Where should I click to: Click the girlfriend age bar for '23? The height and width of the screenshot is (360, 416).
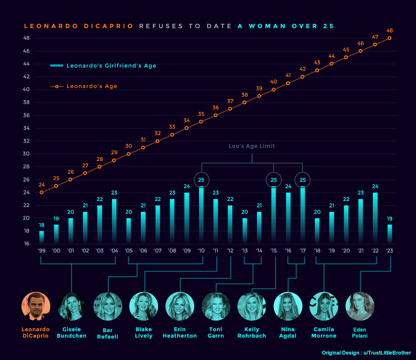389,234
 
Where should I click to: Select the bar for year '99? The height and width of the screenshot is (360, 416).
42,237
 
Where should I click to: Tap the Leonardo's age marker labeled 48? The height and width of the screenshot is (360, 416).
389,38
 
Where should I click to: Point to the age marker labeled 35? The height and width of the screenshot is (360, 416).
201,122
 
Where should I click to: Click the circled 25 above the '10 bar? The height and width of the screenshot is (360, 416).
201,180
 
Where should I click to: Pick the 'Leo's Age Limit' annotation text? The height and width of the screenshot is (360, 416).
252,146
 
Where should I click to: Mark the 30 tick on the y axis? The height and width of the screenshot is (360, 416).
26,154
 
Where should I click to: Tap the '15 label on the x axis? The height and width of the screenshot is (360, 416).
274,251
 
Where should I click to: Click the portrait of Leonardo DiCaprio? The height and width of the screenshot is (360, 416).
36,306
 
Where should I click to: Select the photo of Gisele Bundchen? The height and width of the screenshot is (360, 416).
72,306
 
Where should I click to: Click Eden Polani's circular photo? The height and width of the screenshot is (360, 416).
360,306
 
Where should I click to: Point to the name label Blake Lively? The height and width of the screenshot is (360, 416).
144,332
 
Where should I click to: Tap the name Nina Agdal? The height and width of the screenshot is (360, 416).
288,332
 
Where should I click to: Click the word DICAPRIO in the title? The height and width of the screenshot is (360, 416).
109,26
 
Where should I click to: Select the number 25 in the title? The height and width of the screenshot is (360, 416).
328,26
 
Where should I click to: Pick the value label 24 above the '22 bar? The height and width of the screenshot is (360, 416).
375,186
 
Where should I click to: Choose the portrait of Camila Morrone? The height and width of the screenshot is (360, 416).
324,306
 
